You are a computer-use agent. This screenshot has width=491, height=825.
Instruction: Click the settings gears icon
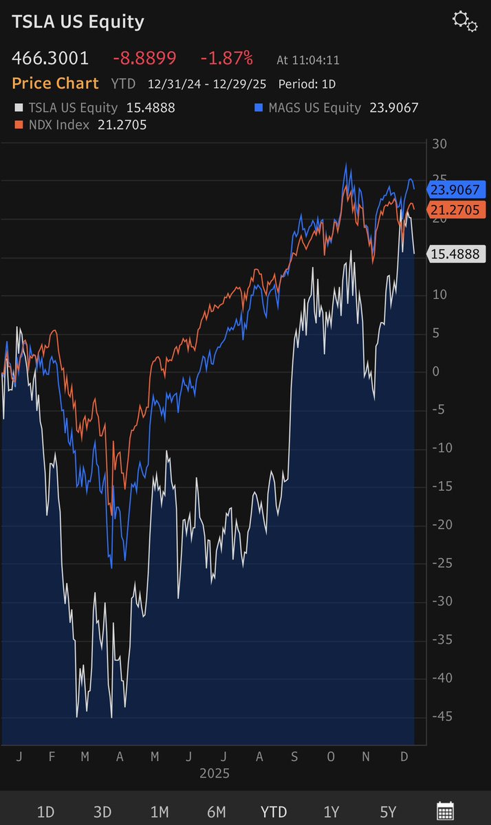[x=465, y=21]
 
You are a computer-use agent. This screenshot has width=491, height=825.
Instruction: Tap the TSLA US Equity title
[x=78, y=22]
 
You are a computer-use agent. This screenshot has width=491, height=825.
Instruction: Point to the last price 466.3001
[x=50, y=58]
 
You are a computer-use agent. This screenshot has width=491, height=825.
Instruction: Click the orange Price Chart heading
[x=55, y=84]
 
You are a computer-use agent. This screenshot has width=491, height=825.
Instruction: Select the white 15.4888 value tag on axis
[x=457, y=254]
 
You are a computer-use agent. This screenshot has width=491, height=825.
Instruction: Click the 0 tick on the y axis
[x=434, y=372]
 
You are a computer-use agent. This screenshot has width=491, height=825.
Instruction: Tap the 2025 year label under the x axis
[x=215, y=773]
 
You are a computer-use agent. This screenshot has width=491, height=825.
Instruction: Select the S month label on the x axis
[x=294, y=756]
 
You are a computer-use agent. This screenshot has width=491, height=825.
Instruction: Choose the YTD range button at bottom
[x=274, y=812]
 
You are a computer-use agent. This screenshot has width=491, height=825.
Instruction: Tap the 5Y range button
[x=388, y=812]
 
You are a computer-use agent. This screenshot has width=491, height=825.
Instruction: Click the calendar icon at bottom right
[x=445, y=811]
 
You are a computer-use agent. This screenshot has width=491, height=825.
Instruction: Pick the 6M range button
[x=217, y=812]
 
